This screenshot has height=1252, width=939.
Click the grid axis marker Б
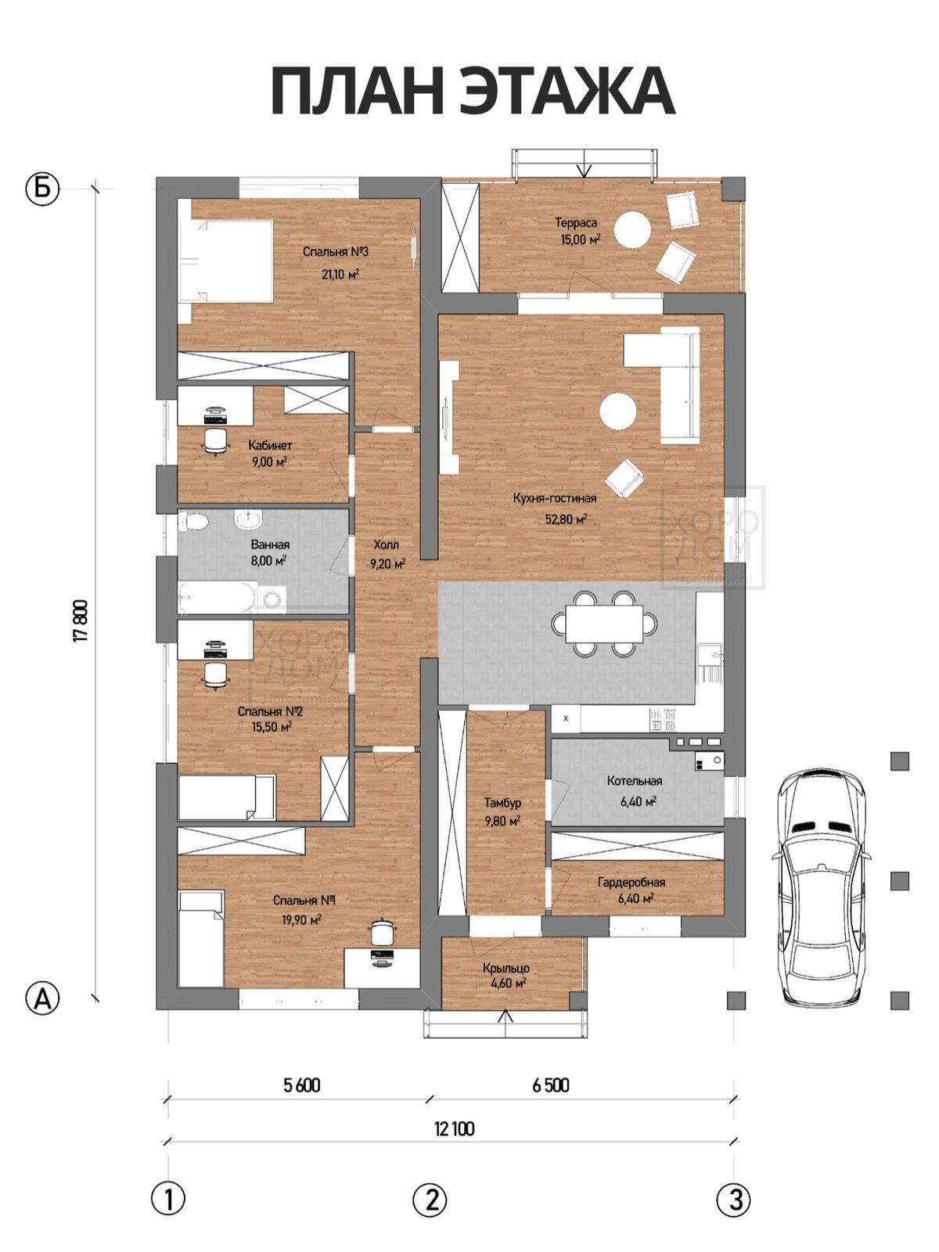(x=42, y=189)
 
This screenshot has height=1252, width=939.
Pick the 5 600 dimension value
(x=301, y=1085)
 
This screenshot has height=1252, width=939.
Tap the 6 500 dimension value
(x=551, y=1085)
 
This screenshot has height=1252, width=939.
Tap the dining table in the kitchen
(x=604, y=624)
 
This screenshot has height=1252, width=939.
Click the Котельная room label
(x=634, y=781)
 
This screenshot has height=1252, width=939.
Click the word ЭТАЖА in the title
(x=568, y=92)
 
